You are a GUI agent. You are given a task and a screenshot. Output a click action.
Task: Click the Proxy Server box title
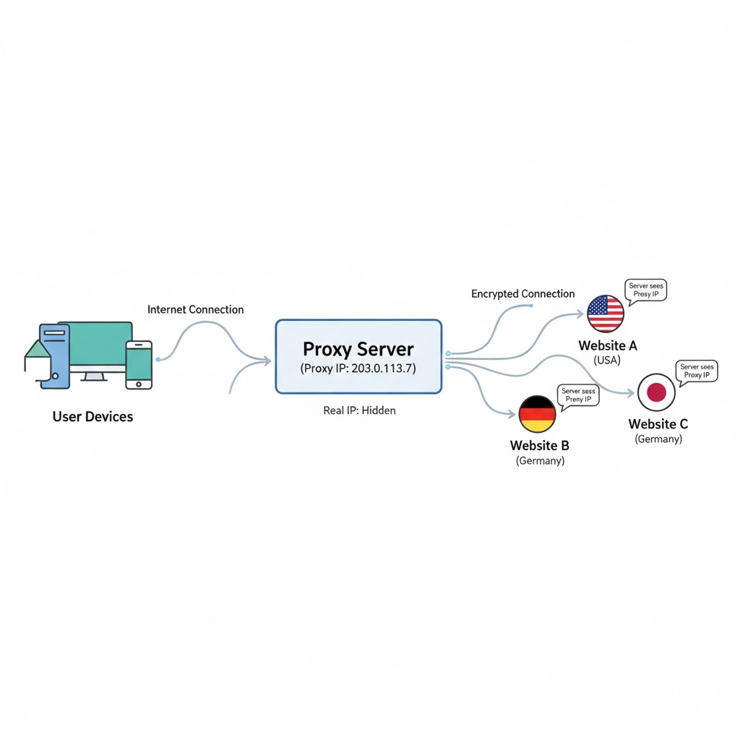(x=358, y=349)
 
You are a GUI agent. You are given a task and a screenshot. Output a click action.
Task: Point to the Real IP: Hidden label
(x=359, y=410)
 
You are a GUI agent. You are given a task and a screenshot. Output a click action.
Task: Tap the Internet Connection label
(x=195, y=309)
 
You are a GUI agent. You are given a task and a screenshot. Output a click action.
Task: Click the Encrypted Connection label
(x=522, y=294)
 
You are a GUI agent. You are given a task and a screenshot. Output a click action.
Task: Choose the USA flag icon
(x=606, y=314)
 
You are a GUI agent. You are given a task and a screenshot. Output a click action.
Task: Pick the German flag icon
(x=538, y=414)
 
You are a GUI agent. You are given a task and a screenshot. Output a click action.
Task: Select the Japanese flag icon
(x=656, y=392)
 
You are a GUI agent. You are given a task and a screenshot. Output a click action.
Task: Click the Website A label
(x=608, y=346)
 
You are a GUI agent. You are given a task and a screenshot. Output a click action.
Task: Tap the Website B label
(x=540, y=446)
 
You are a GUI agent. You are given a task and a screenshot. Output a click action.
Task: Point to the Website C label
(x=658, y=424)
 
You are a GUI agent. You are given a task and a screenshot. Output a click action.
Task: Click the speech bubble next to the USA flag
(x=645, y=291)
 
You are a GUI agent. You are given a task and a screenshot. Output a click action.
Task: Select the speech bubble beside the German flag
(x=579, y=395)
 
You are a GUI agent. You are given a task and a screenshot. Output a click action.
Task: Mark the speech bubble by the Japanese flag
(x=697, y=371)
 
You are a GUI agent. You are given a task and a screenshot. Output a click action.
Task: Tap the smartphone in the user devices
(x=139, y=364)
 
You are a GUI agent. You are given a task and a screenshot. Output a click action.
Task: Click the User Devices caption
(x=92, y=417)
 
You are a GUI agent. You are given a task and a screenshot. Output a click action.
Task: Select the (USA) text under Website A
(x=608, y=360)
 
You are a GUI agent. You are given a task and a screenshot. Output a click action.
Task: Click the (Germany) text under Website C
(x=658, y=439)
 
